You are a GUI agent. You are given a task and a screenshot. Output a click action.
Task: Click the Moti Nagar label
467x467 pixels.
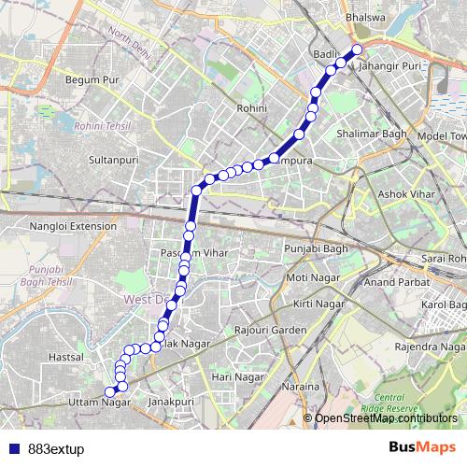click(x=312, y=278)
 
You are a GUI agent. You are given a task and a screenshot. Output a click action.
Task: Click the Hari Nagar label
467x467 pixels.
click(x=233, y=375)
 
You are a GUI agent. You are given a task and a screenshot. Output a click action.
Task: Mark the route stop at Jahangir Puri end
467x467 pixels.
click(x=357, y=50)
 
